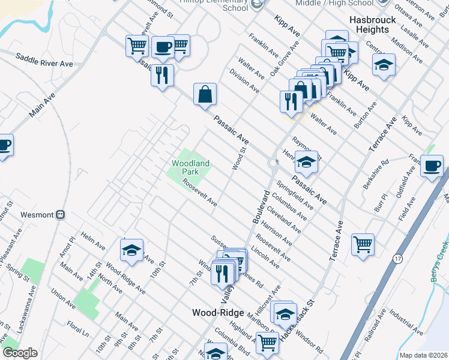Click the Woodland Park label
tap(190, 167)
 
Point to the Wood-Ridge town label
tap(217, 313)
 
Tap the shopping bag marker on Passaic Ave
tap(205, 94)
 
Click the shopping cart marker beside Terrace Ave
tap(363, 245)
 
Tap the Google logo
tap(20, 353)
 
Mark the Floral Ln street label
tap(78, 331)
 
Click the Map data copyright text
tap(423, 355)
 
